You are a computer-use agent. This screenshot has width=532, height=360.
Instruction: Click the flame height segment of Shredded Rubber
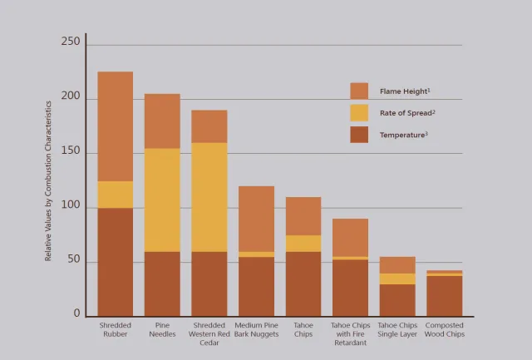[x=116, y=126]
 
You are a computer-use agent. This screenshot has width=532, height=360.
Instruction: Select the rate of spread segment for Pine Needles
[x=162, y=200]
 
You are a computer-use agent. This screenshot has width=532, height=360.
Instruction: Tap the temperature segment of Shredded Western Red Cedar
[x=209, y=284]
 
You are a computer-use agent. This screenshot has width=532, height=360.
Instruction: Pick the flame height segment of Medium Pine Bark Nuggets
[x=256, y=219]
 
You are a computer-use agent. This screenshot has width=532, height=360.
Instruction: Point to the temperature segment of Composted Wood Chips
[x=445, y=295]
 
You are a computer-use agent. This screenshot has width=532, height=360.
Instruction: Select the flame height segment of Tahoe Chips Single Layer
[x=397, y=265]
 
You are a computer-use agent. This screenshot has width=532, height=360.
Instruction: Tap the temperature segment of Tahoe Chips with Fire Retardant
[x=350, y=288]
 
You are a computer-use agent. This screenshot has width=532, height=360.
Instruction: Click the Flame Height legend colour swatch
[x=359, y=91]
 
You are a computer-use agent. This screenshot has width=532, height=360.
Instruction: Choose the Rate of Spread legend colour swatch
[x=359, y=112]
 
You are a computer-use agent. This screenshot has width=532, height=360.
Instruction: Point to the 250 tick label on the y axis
[x=71, y=42]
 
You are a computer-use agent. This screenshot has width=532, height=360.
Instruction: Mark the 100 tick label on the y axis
[x=71, y=205]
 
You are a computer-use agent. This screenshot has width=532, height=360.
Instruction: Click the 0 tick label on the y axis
[x=76, y=314]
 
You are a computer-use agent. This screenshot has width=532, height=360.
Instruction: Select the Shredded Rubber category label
[x=116, y=329]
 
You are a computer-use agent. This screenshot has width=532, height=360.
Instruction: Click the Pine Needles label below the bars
[x=162, y=329]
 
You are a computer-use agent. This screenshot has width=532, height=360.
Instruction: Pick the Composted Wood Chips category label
[x=445, y=329]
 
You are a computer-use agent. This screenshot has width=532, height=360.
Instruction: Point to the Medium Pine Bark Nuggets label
[x=256, y=329]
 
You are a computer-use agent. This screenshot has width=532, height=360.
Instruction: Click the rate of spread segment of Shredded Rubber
[x=116, y=195]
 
